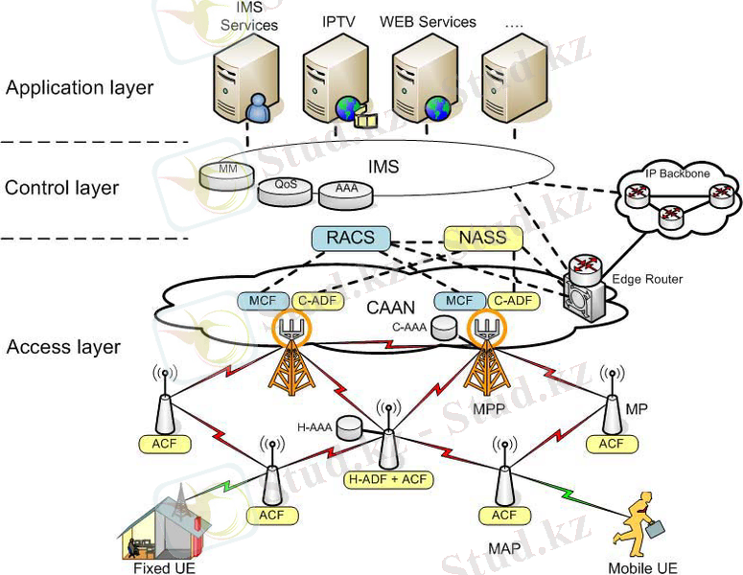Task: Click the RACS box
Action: pos(351,238)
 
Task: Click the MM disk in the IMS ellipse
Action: pos(228,173)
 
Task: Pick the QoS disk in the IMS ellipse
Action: pos(285,187)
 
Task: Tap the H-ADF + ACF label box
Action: pos(388,478)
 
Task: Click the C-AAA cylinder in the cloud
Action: pos(443,328)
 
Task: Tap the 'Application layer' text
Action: pos(80,88)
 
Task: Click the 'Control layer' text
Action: pos(62,188)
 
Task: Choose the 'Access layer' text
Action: pos(63,347)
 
